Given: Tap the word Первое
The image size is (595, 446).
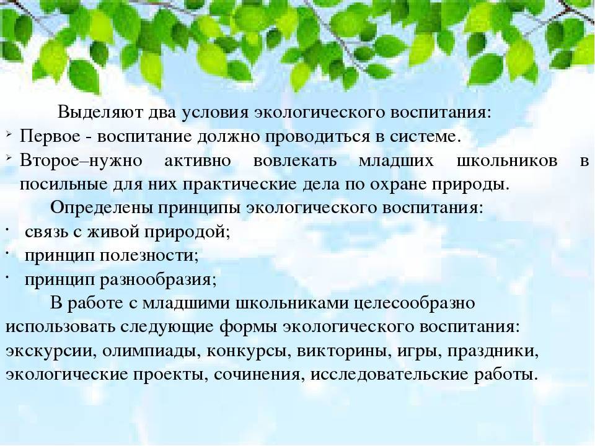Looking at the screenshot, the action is point(50,136).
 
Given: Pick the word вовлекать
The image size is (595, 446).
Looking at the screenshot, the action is point(295,161).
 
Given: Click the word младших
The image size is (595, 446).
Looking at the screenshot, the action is point(396,162).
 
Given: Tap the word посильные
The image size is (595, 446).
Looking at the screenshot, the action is point(64,185).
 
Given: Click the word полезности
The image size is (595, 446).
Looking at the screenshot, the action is point(149,256).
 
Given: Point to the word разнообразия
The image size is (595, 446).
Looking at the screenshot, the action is point(158,280).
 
